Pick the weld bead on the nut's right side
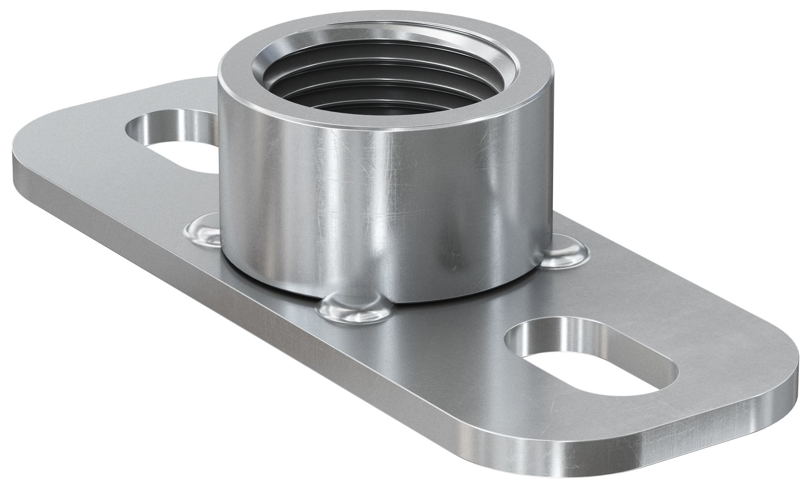tap(563, 254)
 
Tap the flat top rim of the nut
tap(238, 79)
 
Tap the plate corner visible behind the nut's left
tap(206, 81)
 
